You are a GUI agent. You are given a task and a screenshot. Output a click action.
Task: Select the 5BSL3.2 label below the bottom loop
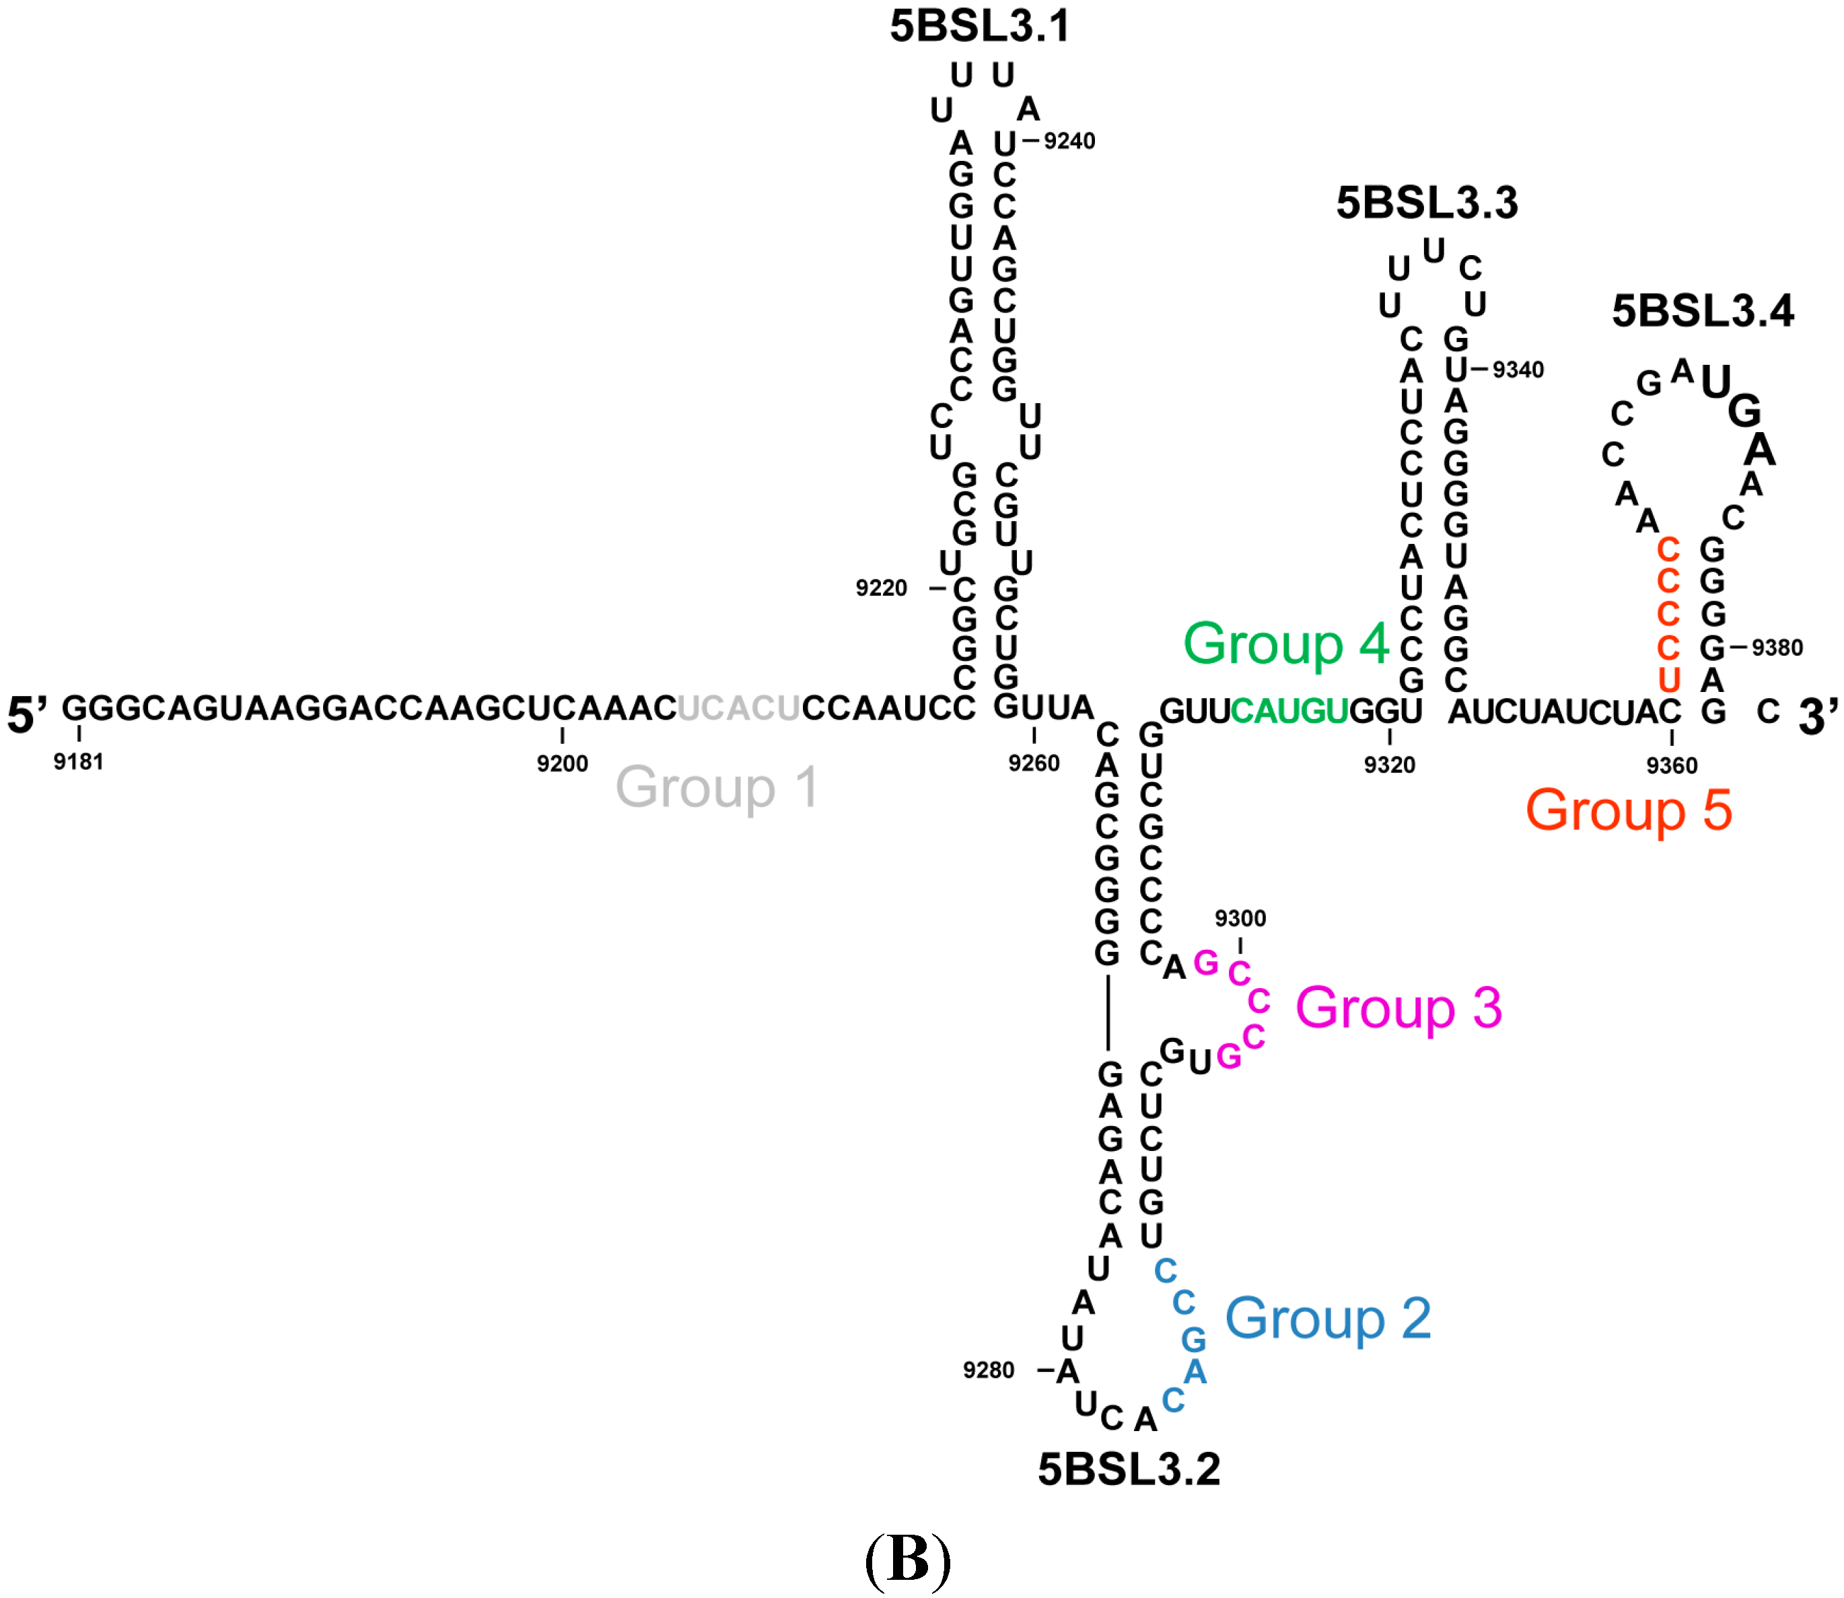(x=1128, y=1469)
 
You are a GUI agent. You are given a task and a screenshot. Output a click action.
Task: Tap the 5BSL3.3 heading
(x=1426, y=203)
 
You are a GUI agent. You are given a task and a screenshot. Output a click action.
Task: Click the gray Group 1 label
(x=717, y=788)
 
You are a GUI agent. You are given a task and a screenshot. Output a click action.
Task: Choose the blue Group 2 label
(x=1328, y=1319)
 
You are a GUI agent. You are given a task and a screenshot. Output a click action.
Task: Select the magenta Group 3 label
(x=1398, y=1008)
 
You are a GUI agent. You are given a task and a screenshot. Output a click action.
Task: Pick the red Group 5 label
(x=1628, y=810)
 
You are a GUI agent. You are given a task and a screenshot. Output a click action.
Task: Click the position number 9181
(x=79, y=761)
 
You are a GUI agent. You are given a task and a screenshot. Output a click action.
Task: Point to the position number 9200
(x=562, y=763)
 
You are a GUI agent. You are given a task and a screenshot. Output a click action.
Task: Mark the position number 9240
(x=1069, y=141)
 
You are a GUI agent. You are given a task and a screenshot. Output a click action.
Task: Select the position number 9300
(x=1240, y=919)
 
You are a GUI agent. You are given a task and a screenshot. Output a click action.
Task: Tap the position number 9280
(x=988, y=1370)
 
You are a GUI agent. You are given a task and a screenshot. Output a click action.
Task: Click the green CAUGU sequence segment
(x=1289, y=711)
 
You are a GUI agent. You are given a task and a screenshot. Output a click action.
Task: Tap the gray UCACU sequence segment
(x=738, y=708)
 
